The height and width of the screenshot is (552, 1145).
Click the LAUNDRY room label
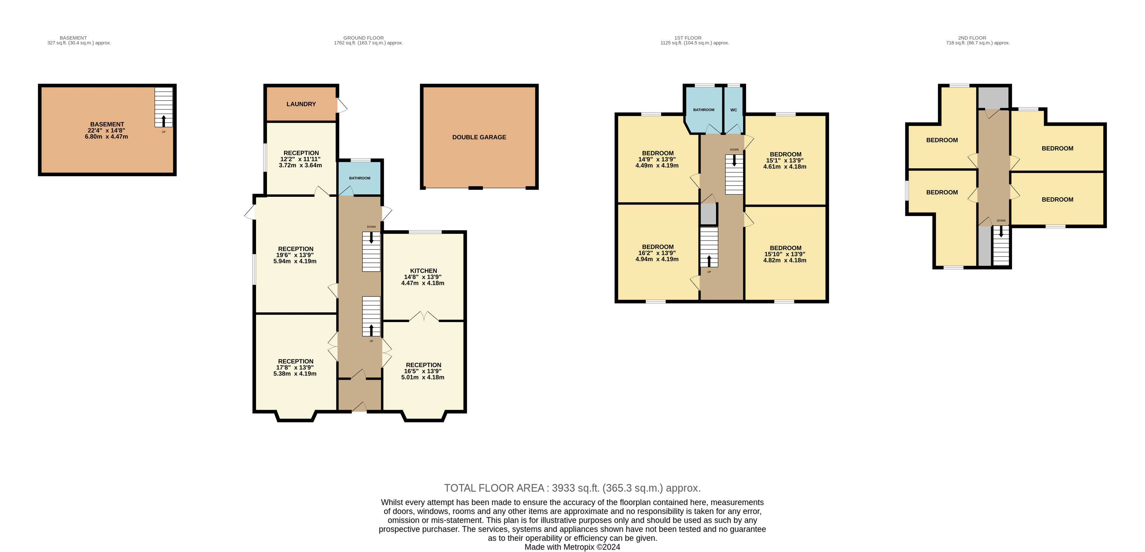tap(301, 104)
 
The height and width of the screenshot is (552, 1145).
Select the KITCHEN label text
tap(423, 271)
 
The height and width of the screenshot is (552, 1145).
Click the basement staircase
tap(164, 107)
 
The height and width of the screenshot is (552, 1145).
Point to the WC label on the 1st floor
tap(733, 110)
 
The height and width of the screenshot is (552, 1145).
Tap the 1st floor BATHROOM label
tap(704, 110)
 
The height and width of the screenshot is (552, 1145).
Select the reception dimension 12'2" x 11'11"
tap(300, 159)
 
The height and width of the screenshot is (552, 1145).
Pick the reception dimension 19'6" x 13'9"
tap(295, 255)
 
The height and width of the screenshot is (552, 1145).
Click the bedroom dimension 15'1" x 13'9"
tap(785, 160)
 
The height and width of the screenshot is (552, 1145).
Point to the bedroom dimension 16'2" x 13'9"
tap(657, 253)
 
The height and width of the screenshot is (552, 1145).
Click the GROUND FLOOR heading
tap(364, 38)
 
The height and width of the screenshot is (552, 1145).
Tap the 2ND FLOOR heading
tap(972, 38)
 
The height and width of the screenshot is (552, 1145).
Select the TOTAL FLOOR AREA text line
tap(573, 488)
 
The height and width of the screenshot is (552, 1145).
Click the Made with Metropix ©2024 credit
tap(573, 547)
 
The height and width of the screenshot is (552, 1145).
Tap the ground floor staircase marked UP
tap(371, 316)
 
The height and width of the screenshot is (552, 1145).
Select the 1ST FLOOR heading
tap(688, 38)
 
